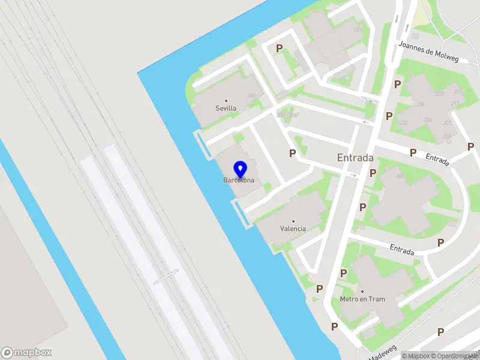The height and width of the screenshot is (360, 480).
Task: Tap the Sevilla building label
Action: [226, 109]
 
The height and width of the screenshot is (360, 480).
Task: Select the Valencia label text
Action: [293, 229]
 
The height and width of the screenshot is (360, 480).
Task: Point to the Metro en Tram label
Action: [362, 299]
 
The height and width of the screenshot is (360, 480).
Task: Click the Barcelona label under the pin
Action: [239, 180]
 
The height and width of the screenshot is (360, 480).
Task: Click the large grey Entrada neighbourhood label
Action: [355, 158]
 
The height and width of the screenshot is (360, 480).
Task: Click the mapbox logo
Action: [26, 353]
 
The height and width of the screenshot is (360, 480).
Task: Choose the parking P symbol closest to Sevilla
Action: [279, 48]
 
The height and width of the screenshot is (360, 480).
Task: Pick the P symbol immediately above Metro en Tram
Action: [343, 273]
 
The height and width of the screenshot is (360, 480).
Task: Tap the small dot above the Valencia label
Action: [293, 221]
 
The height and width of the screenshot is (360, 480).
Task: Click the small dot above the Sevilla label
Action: [226, 101]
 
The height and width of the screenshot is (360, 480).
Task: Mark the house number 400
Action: [400, 176]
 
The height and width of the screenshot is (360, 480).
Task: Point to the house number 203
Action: [439, 94]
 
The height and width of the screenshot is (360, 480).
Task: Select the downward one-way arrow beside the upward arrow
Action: [397, 19]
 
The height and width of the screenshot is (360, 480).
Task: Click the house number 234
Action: [421, 104]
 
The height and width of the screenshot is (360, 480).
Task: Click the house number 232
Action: [404, 122]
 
